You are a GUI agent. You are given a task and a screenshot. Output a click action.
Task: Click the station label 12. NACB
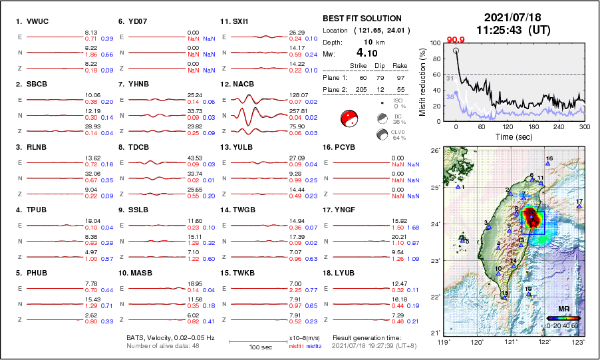tap(237, 85)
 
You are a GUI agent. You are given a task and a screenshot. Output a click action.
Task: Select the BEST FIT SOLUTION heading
tap(362, 19)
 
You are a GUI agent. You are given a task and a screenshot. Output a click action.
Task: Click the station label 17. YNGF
tap(339, 210)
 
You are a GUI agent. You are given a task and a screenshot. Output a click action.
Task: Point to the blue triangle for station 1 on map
tap(458, 187)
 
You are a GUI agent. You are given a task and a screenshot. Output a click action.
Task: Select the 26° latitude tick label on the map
tap(433, 151)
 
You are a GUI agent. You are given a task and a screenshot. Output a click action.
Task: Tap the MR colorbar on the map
tap(562, 318)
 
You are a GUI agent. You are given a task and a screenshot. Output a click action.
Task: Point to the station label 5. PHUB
tap(31, 272)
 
